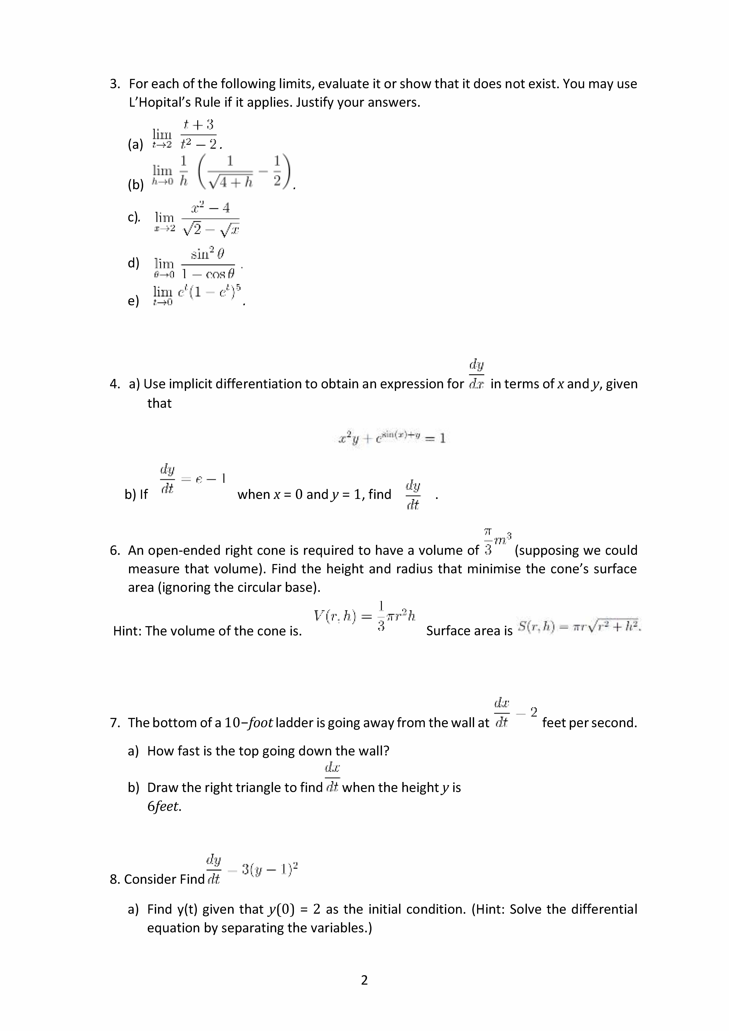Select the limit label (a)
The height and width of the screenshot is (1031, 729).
point(135,145)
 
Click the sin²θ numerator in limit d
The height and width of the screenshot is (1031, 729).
point(207,254)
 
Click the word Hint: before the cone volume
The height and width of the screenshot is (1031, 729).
point(127,631)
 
